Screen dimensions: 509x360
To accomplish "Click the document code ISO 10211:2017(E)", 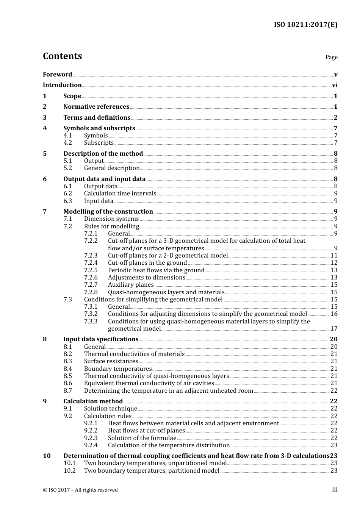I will click(305, 25).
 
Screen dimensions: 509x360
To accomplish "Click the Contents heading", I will click(62, 56).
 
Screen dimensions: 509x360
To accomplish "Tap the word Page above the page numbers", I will click(331, 57).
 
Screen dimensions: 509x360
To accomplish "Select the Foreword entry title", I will click(57, 74).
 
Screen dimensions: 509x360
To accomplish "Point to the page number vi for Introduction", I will click(335, 85).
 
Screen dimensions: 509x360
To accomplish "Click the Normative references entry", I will click(96, 107).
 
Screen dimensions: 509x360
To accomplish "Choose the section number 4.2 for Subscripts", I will click(68, 143).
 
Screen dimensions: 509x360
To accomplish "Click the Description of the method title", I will click(103, 153).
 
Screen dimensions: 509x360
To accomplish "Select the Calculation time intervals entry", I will click(120, 194).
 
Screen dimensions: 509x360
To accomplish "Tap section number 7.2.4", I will click(91, 263).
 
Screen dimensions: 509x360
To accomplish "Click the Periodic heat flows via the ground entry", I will click(156, 270).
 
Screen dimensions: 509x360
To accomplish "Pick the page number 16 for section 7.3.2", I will click(334, 314).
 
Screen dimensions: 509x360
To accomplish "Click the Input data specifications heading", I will click(101, 339).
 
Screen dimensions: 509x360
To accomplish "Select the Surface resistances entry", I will click(111, 361).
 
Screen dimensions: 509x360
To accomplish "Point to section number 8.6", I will click(68, 383).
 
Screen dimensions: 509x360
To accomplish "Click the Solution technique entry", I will click(111, 409).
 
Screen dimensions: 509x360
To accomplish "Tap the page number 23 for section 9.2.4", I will click(334, 445).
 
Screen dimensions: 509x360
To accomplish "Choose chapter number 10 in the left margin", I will click(47, 456).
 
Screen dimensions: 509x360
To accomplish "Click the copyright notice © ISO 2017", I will click(80, 490).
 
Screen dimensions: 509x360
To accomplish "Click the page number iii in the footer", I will click(335, 490).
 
